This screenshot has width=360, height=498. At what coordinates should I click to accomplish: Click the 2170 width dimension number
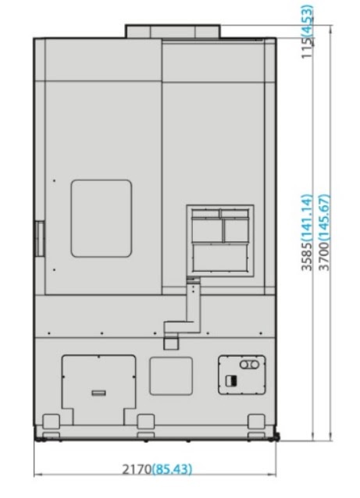click(x=137, y=469)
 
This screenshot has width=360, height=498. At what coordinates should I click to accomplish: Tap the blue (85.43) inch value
click(x=173, y=469)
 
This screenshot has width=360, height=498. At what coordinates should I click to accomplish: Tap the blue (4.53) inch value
click(x=307, y=20)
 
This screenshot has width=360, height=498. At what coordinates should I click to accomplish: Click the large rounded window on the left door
click(x=101, y=219)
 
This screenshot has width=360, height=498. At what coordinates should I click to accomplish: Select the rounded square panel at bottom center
click(x=171, y=376)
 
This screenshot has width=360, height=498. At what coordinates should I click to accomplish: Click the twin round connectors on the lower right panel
click(x=249, y=365)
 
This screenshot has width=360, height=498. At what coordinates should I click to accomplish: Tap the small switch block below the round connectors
click(x=231, y=381)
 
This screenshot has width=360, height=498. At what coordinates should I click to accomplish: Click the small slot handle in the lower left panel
click(x=99, y=393)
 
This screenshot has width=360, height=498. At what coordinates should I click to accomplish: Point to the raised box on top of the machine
click(x=173, y=31)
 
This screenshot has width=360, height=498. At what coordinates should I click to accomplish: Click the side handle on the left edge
click(x=40, y=239)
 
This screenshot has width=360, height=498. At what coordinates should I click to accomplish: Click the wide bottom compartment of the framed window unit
click(x=220, y=258)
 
